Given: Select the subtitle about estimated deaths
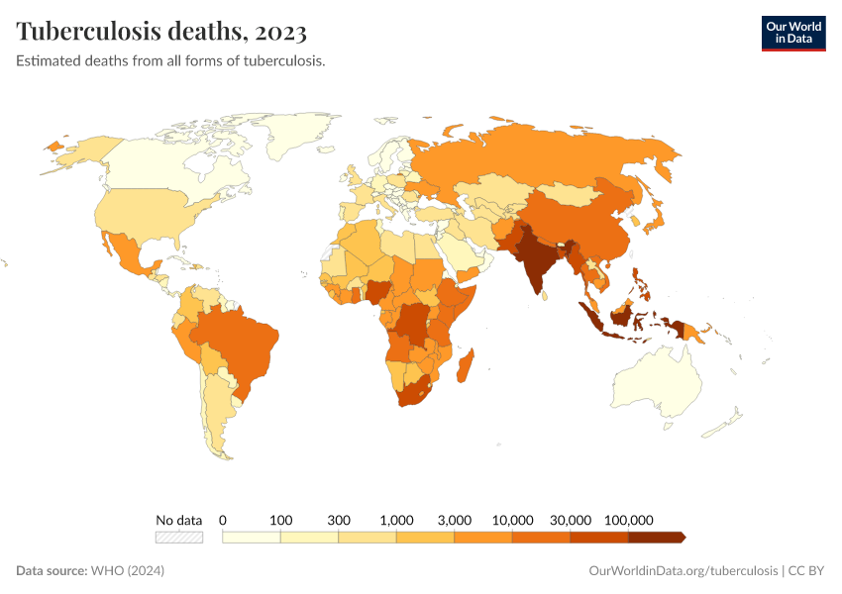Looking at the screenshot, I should point(170,61).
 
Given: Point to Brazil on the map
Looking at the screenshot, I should point(243,342).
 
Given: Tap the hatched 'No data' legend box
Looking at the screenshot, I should point(178,538).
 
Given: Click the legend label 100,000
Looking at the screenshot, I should point(628,520).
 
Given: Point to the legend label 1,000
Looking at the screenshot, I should point(396,520).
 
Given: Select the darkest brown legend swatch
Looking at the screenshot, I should point(655,538).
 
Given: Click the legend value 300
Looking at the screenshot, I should point(339,520).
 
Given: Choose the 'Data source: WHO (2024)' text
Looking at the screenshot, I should point(90,571).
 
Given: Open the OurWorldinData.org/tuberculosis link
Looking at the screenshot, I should point(683,571).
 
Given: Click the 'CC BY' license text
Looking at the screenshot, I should point(807,571).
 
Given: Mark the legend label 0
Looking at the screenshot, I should point(223,520).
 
